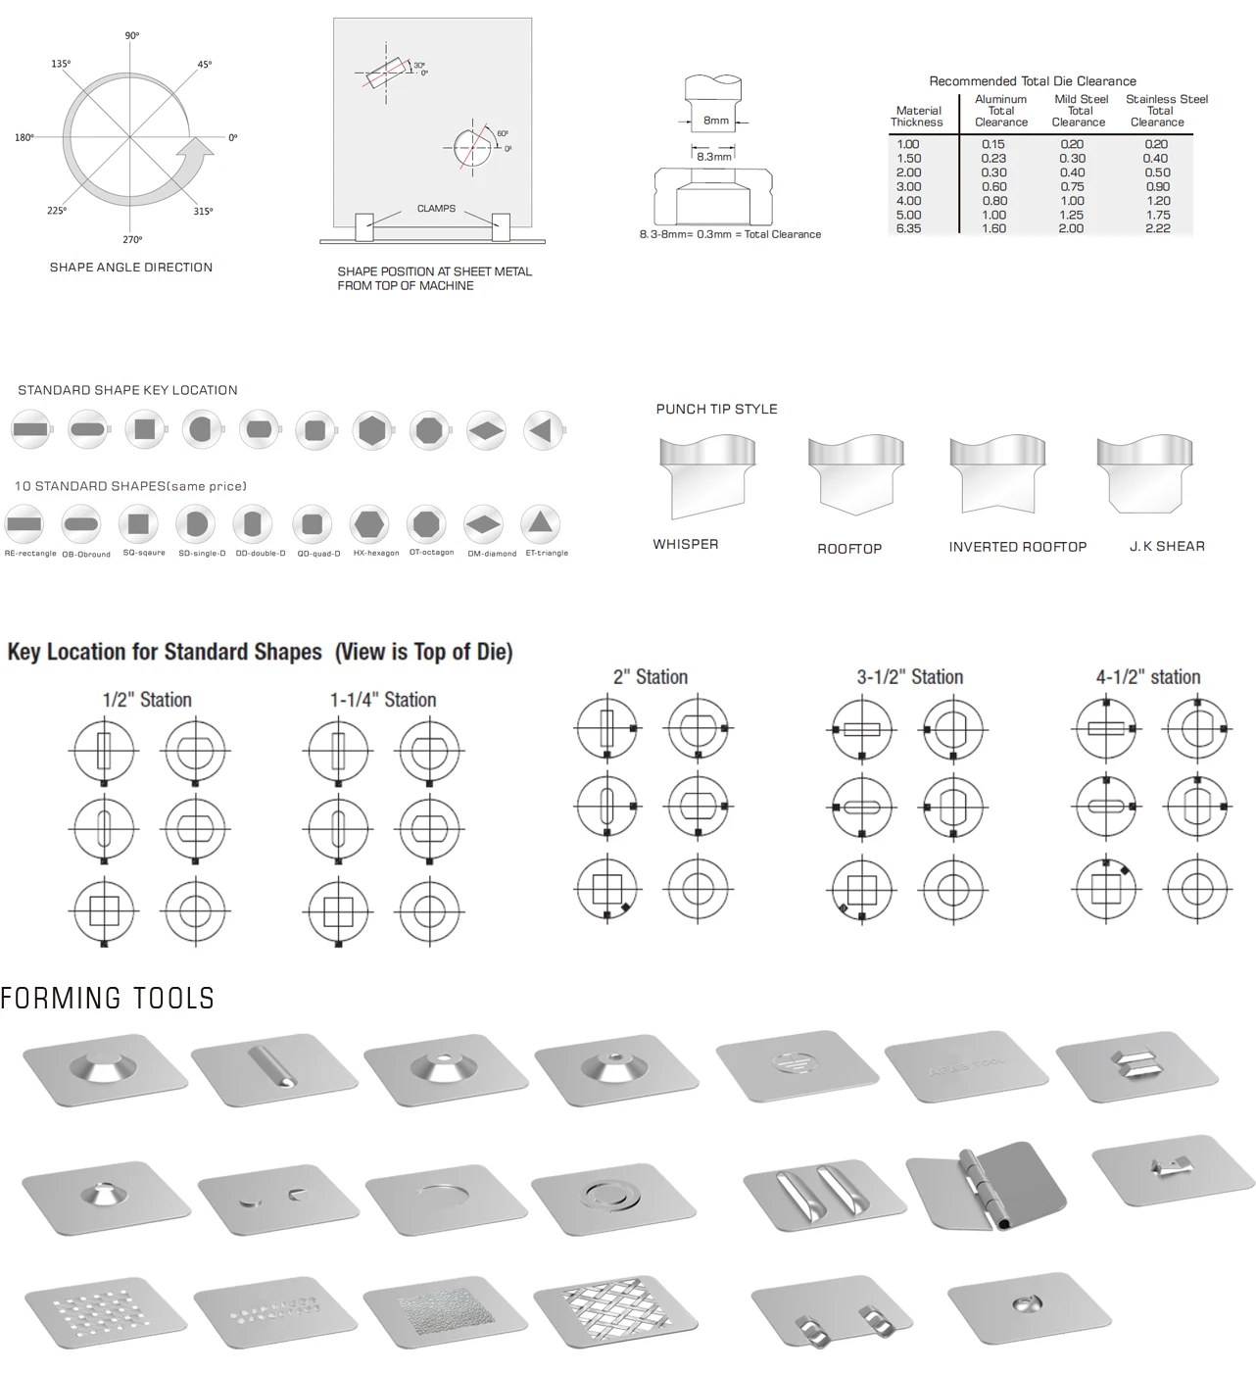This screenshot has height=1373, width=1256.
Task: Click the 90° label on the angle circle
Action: (132, 35)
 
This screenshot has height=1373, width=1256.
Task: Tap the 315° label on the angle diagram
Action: (203, 211)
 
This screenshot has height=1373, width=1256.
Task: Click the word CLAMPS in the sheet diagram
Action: (436, 209)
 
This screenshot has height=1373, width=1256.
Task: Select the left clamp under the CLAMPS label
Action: (363, 226)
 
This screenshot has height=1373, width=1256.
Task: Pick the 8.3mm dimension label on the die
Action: (714, 157)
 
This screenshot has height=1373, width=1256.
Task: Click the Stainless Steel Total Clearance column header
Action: (1166, 111)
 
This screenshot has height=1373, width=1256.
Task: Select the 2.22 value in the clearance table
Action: (1157, 228)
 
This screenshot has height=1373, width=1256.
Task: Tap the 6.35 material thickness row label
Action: (908, 228)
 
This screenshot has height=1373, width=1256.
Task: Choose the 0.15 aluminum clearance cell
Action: (993, 144)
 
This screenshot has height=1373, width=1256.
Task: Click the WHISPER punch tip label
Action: (686, 544)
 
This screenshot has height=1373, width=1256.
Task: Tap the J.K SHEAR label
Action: (1167, 546)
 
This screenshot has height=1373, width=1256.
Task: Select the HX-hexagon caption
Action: (376, 554)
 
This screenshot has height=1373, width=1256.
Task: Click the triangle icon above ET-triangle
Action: (540, 523)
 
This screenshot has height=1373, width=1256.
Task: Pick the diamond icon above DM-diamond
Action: (483, 523)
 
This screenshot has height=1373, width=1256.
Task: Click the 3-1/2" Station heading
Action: (909, 677)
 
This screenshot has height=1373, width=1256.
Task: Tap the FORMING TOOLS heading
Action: (108, 999)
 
